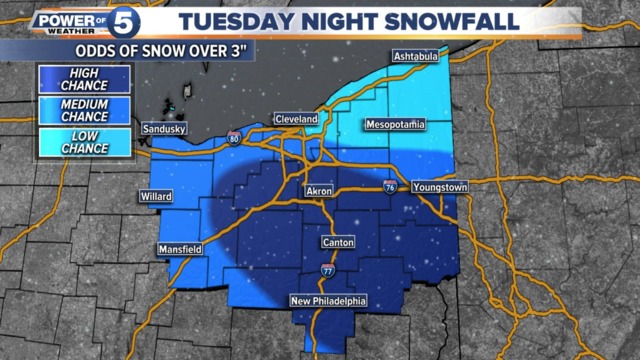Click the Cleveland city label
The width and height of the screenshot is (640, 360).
coord(296,119)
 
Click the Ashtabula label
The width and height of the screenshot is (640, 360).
coord(416,56)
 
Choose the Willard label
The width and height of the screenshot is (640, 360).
coord(158,196)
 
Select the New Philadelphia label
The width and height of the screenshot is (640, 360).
coord(328,301)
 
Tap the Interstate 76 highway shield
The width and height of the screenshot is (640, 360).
coord(389,186)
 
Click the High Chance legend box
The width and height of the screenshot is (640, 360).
coord(75,79)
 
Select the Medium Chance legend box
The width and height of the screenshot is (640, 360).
coord(75,111)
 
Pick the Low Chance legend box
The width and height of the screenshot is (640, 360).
coord(75,142)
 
